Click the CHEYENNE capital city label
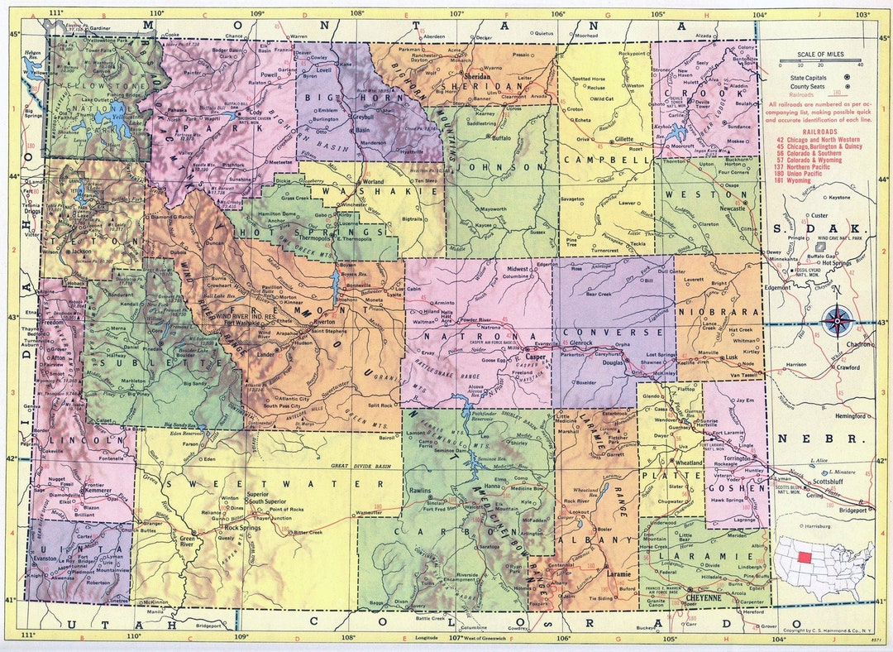[x=704, y=597]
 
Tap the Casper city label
[x=536, y=357]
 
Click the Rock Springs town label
[x=242, y=527]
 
